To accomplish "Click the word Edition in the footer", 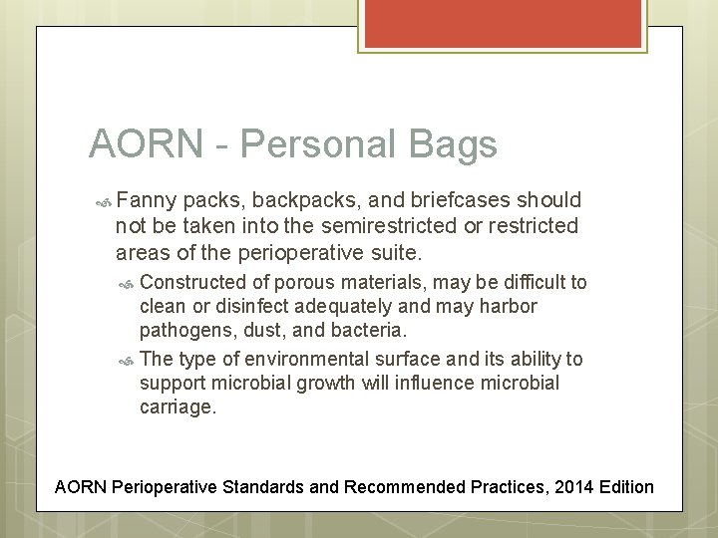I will coord(623,486).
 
